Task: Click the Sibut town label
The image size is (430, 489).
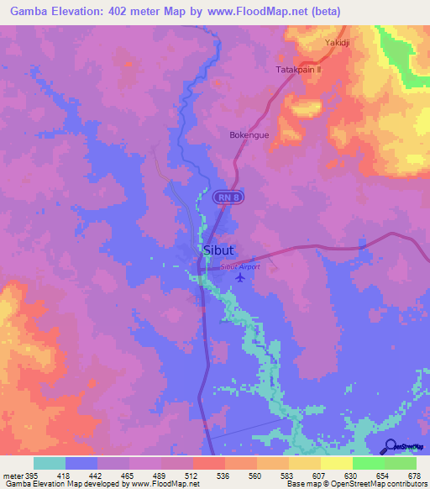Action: (x=218, y=250)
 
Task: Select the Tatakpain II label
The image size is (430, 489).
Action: (x=299, y=70)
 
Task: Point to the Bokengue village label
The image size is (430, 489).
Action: (x=249, y=134)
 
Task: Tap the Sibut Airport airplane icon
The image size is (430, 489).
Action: (x=242, y=276)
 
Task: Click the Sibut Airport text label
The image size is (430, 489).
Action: (x=240, y=266)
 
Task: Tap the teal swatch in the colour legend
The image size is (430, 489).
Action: (x=50, y=463)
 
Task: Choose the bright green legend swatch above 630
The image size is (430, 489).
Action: (x=369, y=463)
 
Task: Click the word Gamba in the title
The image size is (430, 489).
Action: (x=28, y=13)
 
